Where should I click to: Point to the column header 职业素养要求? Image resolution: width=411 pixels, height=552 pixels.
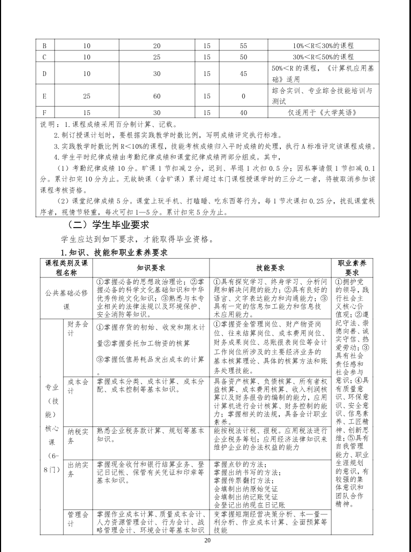pos(352,267)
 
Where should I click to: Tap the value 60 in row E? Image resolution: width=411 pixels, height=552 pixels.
pos(157,96)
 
